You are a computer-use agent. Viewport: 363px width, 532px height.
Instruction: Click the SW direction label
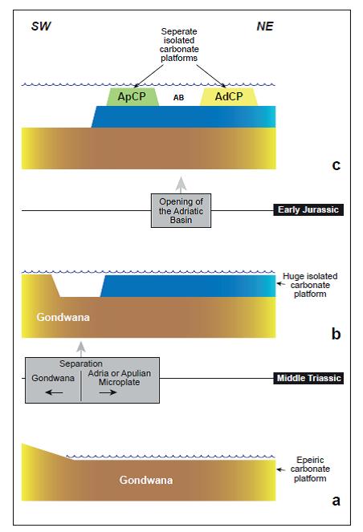(41, 26)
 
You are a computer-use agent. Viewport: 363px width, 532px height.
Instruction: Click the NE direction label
(265, 26)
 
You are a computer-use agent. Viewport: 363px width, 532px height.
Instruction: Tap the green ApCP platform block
(133, 97)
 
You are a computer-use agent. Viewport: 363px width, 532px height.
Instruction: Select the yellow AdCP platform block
(229, 97)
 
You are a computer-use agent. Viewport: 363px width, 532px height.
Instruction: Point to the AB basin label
(178, 98)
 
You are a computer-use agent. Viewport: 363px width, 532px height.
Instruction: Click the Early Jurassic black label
(308, 209)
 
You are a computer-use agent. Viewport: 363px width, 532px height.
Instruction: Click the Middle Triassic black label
(308, 378)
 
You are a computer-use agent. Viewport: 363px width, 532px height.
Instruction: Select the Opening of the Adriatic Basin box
(181, 210)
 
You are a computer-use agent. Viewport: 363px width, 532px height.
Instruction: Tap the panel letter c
(336, 164)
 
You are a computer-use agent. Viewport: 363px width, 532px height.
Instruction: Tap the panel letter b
(336, 334)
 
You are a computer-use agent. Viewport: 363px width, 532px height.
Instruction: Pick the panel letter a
(336, 500)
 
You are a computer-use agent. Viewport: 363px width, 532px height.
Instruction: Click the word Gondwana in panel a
(146, 480)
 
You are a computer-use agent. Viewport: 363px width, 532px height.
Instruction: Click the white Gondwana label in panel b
(63, 317)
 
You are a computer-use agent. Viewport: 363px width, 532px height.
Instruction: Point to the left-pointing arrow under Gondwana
(54, 392)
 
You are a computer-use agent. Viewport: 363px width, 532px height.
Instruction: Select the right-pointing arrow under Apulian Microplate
(108, 392)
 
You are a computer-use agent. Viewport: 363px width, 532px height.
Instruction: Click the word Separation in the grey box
(81, 363)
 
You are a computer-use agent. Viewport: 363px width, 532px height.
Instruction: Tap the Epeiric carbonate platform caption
(310, 469)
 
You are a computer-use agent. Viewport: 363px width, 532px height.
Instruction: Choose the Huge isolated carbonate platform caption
(310, 285)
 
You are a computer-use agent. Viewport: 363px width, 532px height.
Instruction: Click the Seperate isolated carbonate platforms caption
(179, 45)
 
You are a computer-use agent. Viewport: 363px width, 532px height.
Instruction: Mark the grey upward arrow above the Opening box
(181, 185)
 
